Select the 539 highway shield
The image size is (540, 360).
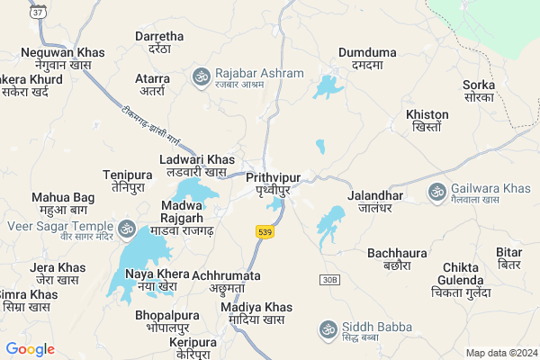click(264, 232)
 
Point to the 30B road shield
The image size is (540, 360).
click(330, 281)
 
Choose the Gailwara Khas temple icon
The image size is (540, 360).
click(437, 192)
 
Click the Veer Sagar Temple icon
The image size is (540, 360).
click(126, 229)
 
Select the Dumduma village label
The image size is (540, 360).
click(367, 59)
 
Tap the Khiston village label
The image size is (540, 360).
click(427, 121)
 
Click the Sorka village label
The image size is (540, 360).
click(479, 91)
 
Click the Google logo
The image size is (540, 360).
click(31, 349)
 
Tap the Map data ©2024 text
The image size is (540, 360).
click(499, 353)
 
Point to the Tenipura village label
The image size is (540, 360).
click(128, 180)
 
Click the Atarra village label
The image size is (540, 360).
click(152, 85)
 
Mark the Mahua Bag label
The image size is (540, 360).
click(63, 203)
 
